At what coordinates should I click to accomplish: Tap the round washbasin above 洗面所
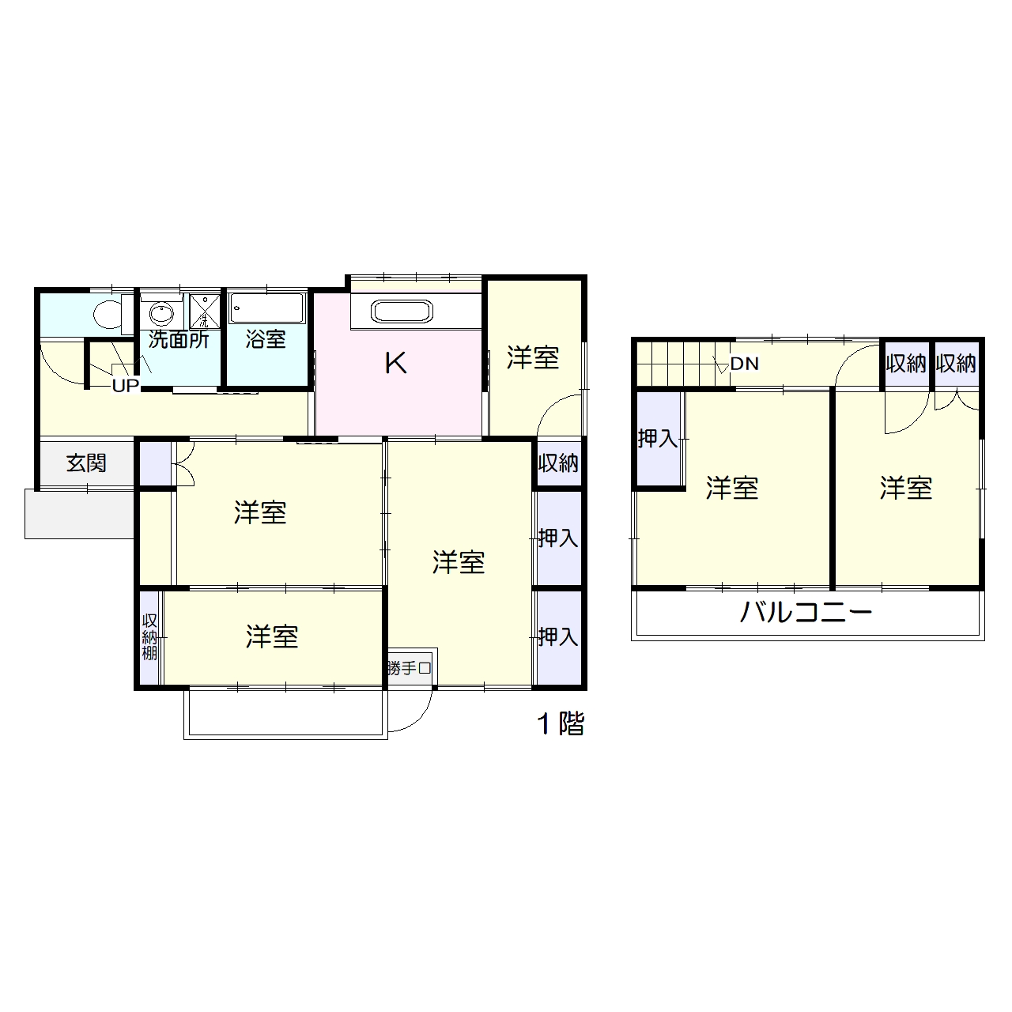tap(161, 313)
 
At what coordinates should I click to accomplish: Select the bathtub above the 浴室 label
tap(266, 308)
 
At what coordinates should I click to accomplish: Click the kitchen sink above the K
tap(402, 312)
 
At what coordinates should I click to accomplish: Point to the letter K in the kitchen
tap(395, 364)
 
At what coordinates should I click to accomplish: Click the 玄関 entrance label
tap(86, 463)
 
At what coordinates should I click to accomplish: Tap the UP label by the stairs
tap(125, 386)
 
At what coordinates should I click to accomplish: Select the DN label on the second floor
tap(744, 364)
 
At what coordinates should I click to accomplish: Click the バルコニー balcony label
tap(806, 613)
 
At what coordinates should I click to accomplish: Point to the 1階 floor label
tap(561, 723)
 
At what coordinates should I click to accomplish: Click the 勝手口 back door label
tap(410, 668)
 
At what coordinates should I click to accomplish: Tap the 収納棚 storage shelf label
tap(149, 636)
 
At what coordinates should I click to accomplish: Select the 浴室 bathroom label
tap(266, 339)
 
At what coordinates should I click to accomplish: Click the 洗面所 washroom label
tap(179, 339)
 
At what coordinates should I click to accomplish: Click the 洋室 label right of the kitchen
tap(533, 358)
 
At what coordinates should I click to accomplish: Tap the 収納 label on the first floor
tap(558, 463)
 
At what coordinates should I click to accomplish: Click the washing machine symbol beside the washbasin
tap(204, 311)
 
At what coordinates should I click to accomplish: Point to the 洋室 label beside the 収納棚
tap(272, 636)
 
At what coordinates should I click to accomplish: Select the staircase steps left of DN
tap(676, 364)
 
